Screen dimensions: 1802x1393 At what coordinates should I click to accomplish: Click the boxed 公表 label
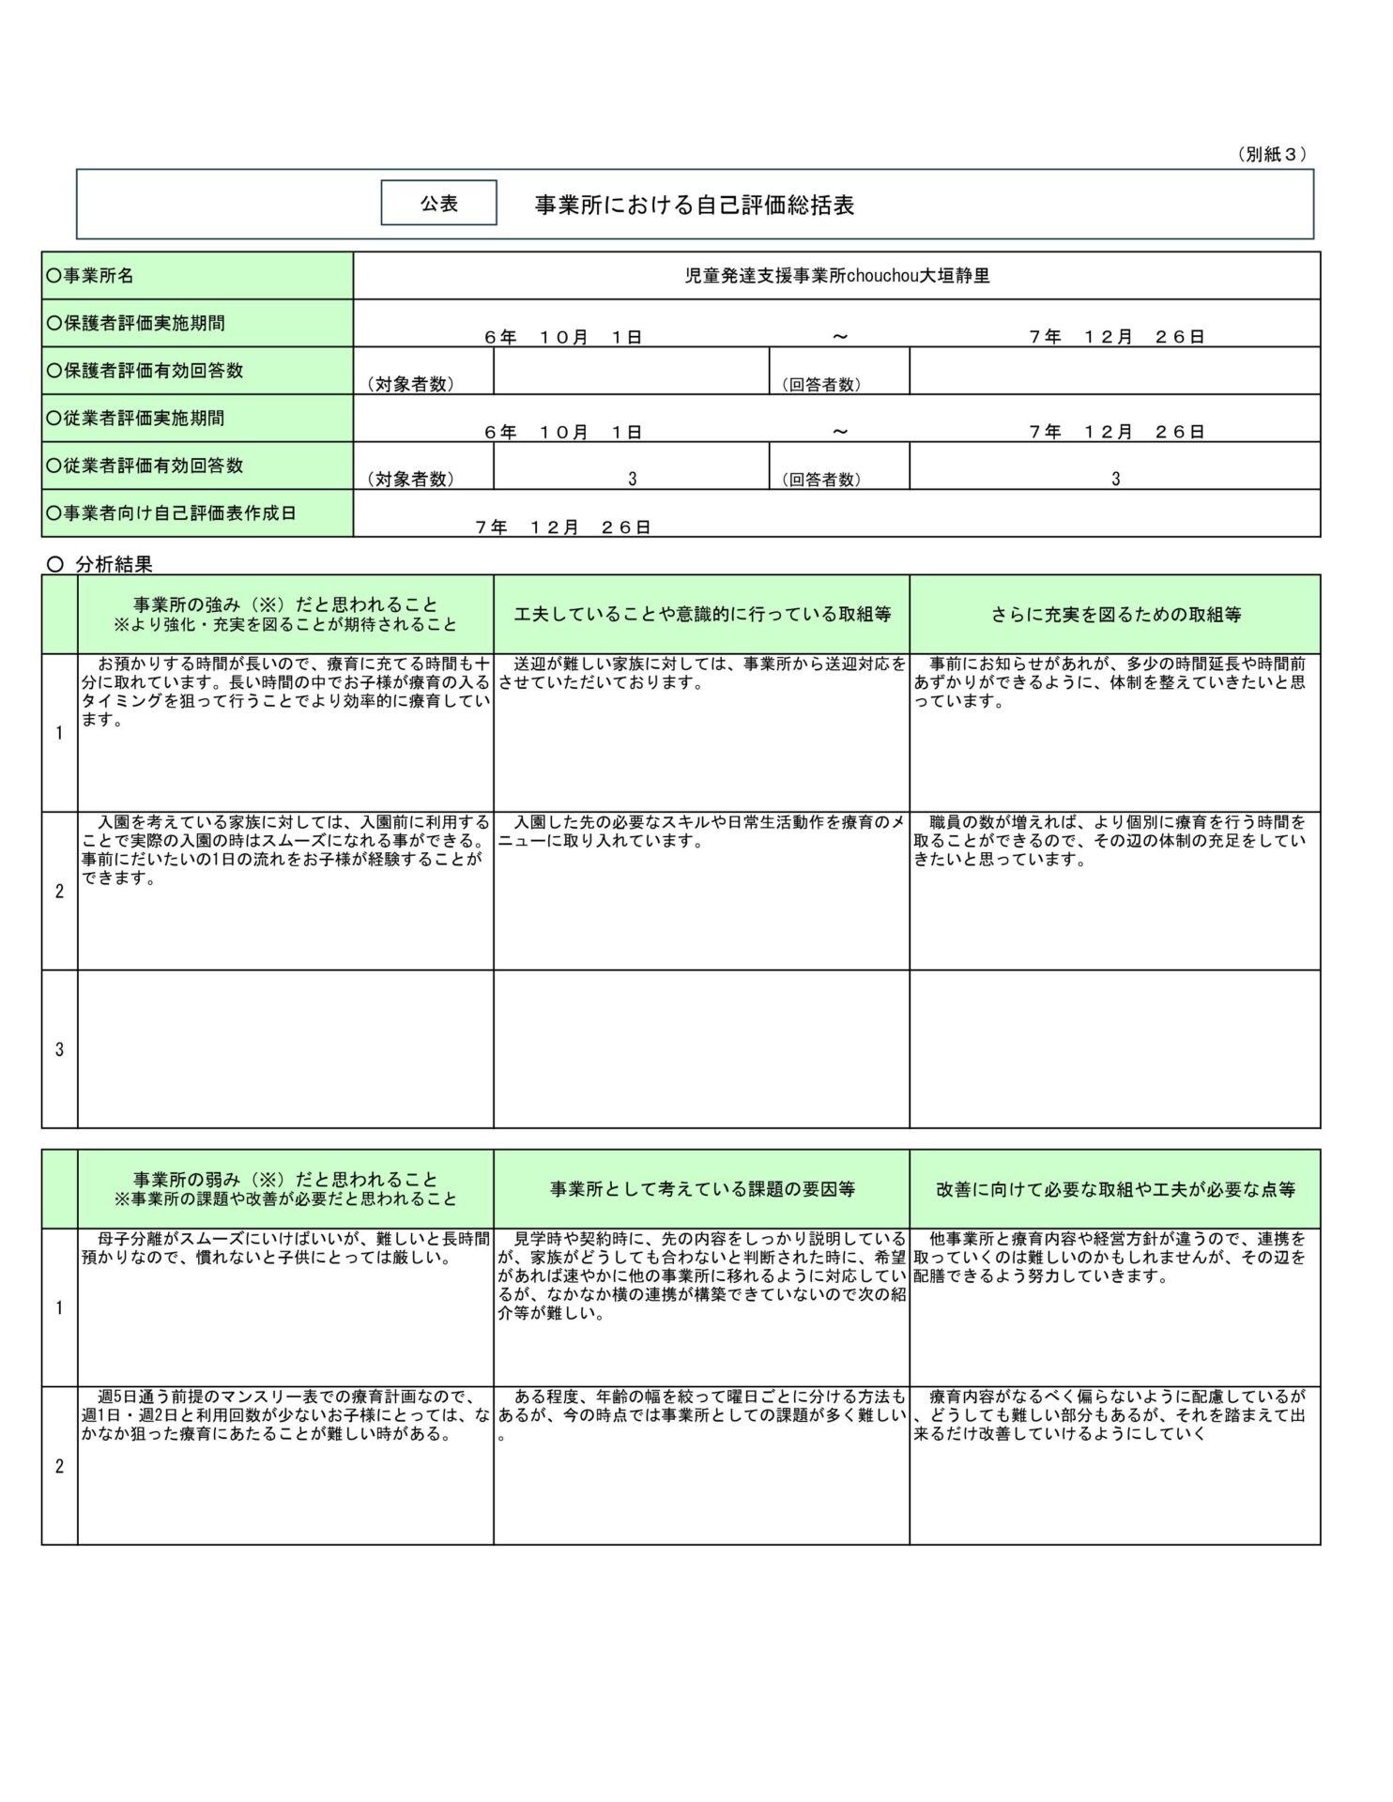(x=438, y=203)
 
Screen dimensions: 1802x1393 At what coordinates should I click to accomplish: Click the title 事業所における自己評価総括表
(x=694, y=206)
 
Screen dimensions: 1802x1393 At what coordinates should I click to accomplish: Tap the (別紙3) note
(x=1272, y=155)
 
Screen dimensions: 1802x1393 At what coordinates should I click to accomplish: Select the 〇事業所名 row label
(x=90, y=276)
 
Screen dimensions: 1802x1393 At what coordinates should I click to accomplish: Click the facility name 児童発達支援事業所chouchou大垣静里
(x=836, y=276)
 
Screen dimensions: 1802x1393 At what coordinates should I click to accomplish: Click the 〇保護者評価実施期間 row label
(x=135, y=323)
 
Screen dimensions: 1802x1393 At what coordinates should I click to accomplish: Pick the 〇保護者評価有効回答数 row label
(x=145, y=371)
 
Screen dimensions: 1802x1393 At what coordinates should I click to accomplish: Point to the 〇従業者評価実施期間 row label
(x=135, y=419)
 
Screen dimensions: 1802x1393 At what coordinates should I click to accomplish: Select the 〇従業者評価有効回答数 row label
(x=145, y=466)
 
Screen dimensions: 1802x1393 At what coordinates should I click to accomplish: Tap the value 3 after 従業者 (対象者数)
(x=632, y=479)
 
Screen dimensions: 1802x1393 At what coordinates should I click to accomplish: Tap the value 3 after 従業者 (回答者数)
(x=1115, y=479)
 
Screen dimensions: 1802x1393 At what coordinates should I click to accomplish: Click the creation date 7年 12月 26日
(x=563, y=527)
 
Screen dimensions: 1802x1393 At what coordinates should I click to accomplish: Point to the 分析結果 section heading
(x=113, y=564)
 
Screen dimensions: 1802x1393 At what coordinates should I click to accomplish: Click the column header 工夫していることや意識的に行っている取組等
(x=701, y=615)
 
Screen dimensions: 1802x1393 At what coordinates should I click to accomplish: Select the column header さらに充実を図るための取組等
(x=1115, y=615)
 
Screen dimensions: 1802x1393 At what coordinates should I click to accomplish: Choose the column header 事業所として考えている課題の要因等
(x=701, y=1189)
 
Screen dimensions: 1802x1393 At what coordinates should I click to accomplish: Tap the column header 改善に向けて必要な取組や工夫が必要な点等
(x=1115, y=1189)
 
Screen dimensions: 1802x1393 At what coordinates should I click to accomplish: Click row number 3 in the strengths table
(x=59, y=1049)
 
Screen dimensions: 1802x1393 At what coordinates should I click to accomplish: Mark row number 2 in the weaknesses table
(x=59, y=1466)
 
